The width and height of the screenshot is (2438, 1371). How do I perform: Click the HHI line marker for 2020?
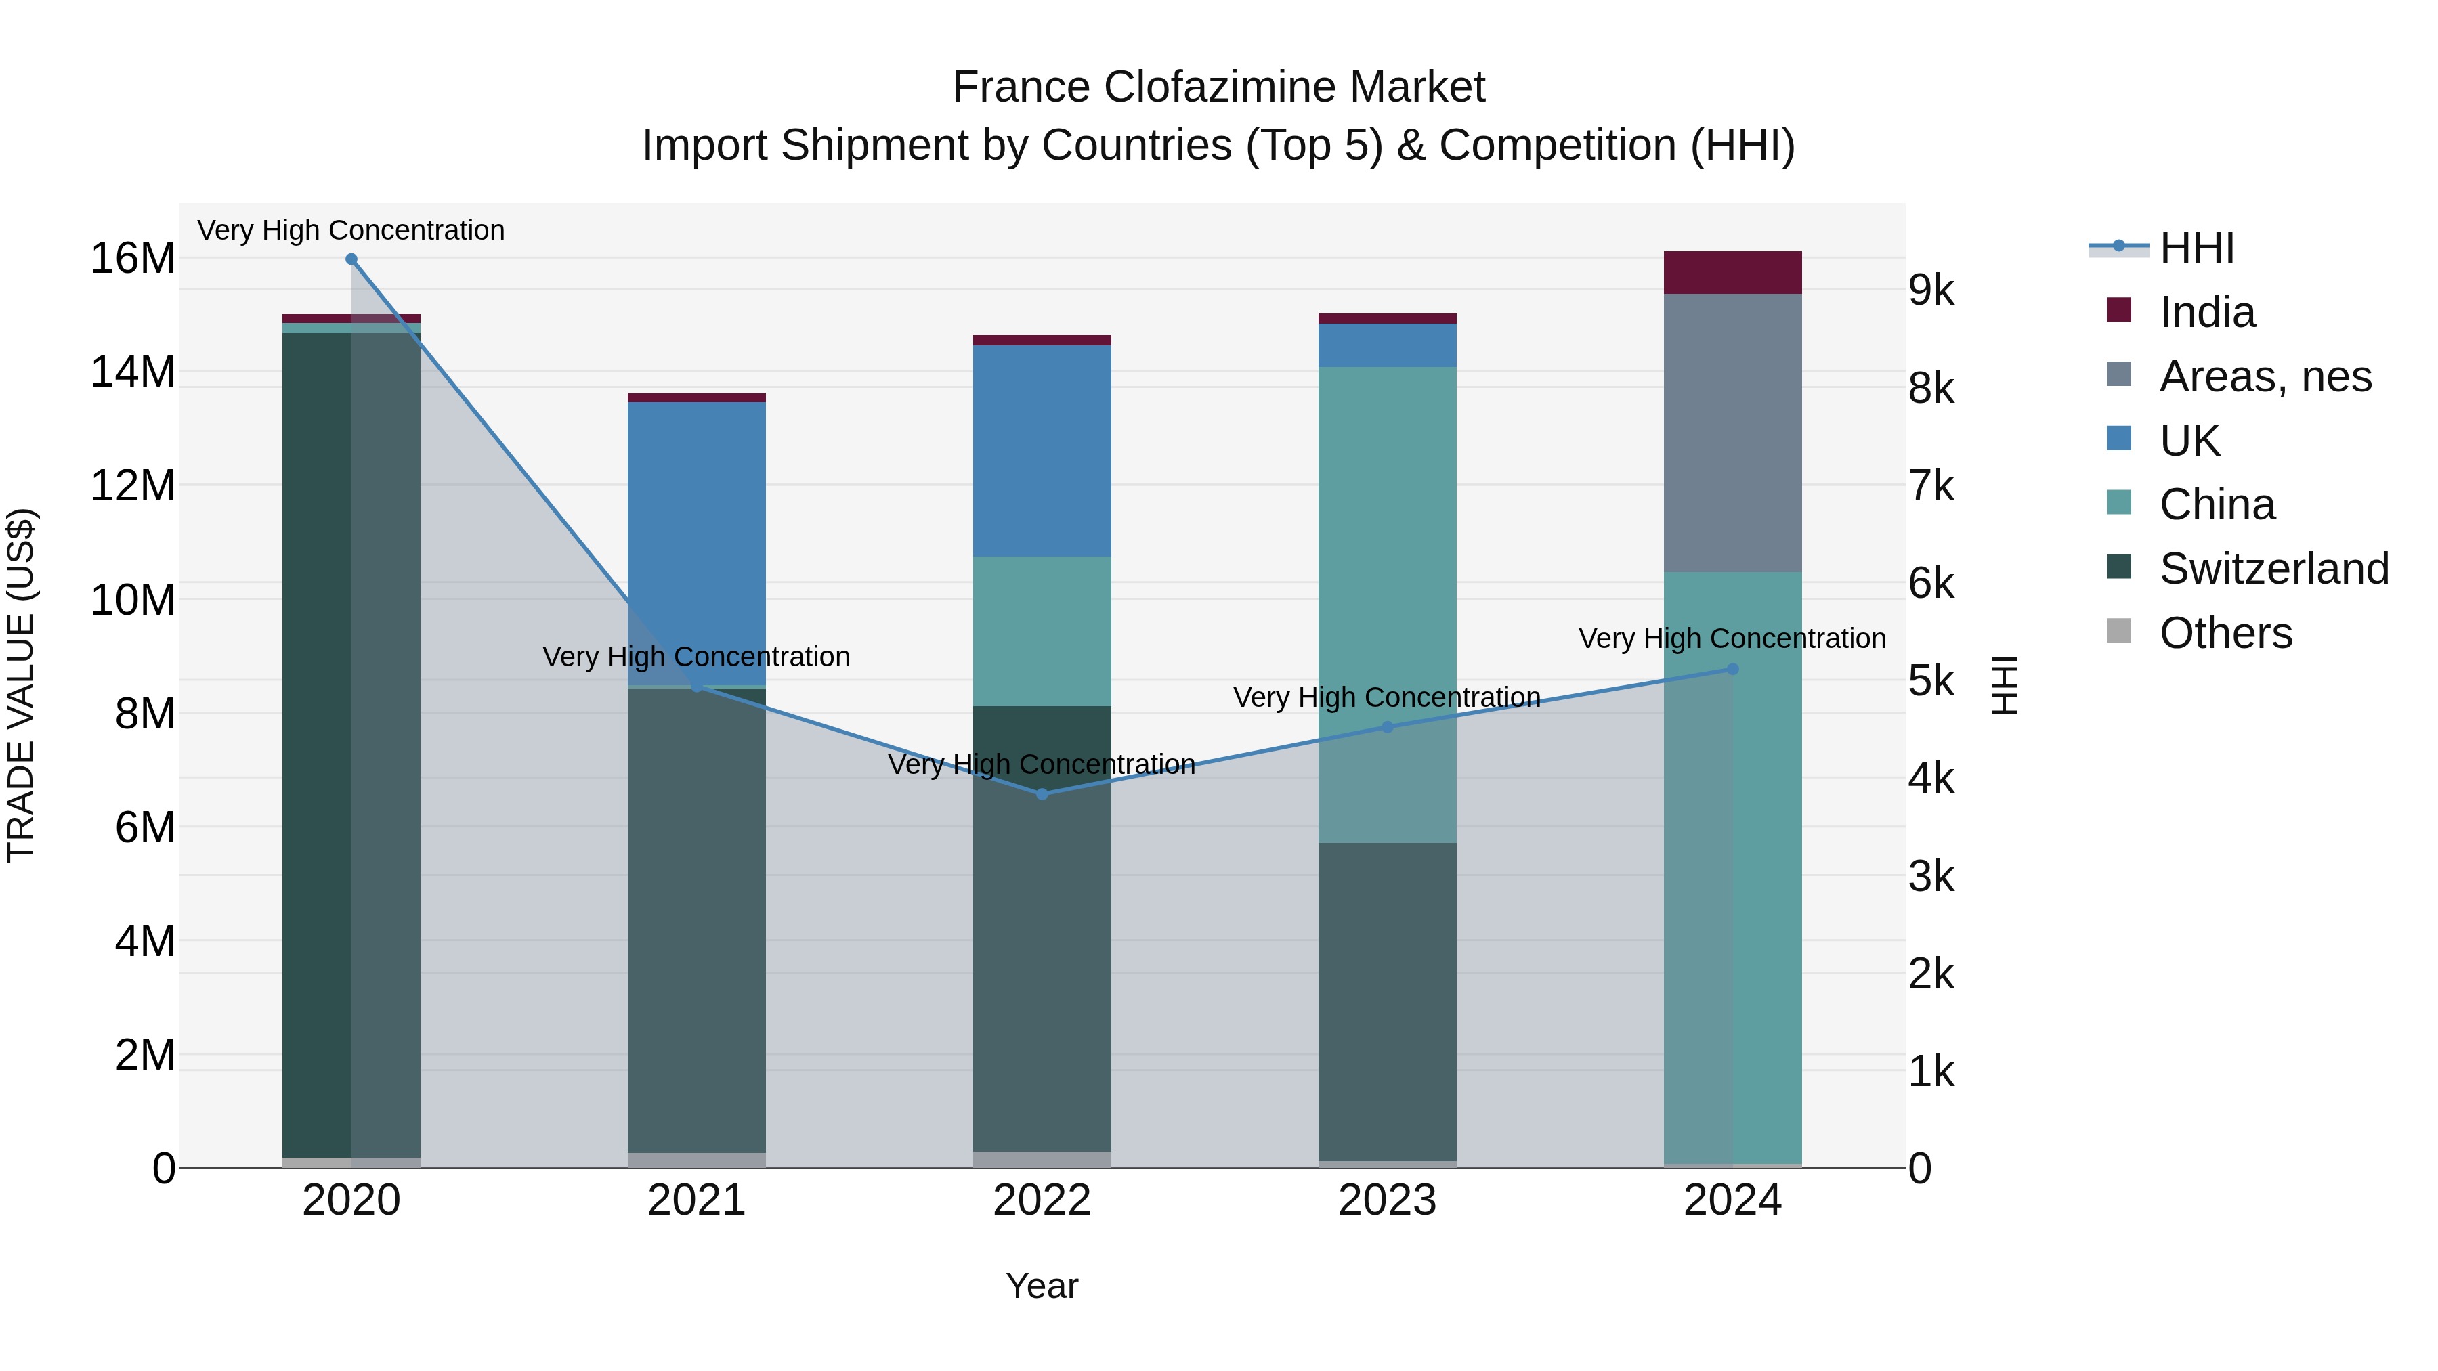click(351, 259)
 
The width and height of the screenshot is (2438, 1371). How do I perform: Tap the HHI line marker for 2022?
click(1042, 794)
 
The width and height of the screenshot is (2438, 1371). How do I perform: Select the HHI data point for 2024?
click(1733, 669)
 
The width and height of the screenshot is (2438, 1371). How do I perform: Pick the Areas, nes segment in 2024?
click(1733, 433)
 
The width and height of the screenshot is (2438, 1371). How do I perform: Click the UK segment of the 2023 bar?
click(1388, 345)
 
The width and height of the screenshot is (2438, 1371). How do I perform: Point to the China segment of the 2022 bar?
click(1042, 631)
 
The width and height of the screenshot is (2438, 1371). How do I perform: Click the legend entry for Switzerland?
click(2273, 569)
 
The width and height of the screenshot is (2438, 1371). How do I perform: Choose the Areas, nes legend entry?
click(2265, 376)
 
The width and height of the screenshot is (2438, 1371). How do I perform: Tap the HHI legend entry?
click(2196, 248)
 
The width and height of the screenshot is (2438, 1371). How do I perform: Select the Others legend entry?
click(2225, 633)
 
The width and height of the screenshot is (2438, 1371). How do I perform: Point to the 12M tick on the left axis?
click(133, 485)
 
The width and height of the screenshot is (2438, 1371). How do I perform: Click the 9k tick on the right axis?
click(1931, 290)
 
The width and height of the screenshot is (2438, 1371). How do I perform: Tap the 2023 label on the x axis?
click(1388, 1200)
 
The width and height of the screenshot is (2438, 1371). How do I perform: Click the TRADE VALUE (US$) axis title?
click(21, 685)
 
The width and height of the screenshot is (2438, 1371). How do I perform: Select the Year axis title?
click(1042, 1286)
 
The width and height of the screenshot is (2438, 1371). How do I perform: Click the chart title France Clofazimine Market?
click(1218, 87)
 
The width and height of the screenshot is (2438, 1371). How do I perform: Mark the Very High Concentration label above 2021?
click(697, 657)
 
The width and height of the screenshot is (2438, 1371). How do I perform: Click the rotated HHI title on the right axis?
click(2005, 685)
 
